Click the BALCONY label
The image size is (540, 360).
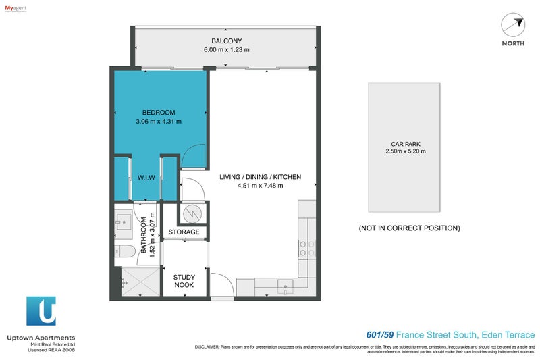click(x=226, y=40)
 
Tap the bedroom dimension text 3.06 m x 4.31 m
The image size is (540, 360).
click(x=159, y=122)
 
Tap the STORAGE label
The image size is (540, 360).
click(x=184, y=232)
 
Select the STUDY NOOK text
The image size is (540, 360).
click(x=184, y=281)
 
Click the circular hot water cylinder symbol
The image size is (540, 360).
click(x=193, y=213)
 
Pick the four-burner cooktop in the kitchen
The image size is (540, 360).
click(x=307, y=249)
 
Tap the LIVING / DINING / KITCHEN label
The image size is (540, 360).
click(x=260, y=177)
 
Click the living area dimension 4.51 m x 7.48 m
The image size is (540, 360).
click(x=260, y=186)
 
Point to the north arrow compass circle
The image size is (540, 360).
click(x=512, y=26)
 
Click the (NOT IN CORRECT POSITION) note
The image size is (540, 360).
click(x=409, y=228)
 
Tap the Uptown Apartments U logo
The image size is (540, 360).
click(x=41, y=311)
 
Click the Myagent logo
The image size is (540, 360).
click(x=16, y=7)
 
